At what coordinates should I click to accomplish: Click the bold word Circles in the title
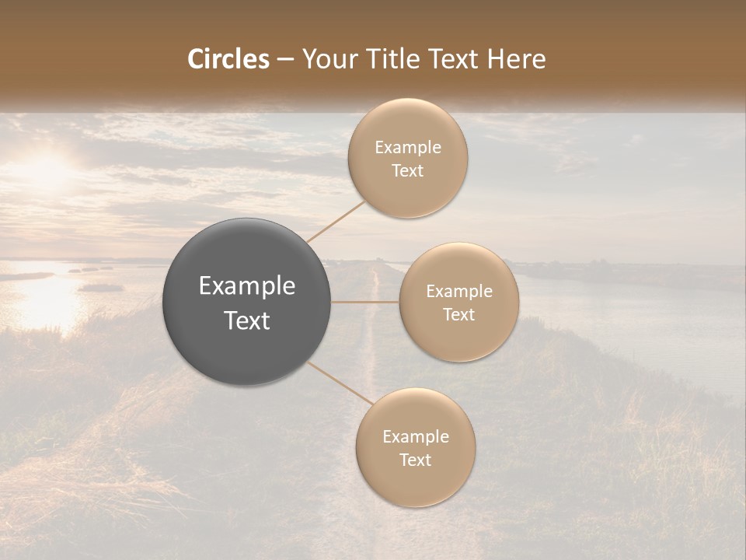pyautogui.click(x=228, y=59)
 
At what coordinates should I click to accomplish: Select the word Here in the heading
pyautogui.click(x=517, y=59)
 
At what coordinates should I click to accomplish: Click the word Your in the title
pyautogui.click(x=329, y=59)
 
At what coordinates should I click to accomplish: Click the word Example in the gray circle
pyautogui.click(x=247, y=286)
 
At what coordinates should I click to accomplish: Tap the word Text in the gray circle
pyautogui.click(x=247, y=320)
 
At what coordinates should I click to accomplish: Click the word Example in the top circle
pyautogui.click(x=408, y=148)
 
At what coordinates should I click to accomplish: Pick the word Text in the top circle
pyautogui.click(x=408, y=170)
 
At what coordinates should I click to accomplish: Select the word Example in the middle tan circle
pyautogui.click(x=459, y=292)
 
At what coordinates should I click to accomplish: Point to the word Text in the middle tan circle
pyautogui.click(x=459, y=314)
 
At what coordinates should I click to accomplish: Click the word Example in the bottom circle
pyautogui.click(x=415, y=437)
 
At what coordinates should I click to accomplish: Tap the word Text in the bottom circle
pyautogui.click(x=415, y=460)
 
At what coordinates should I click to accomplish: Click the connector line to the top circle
pyautogui.click(x=336, y=220)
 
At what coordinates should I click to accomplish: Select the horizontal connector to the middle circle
pyautogui.click(x=365, y=302)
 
